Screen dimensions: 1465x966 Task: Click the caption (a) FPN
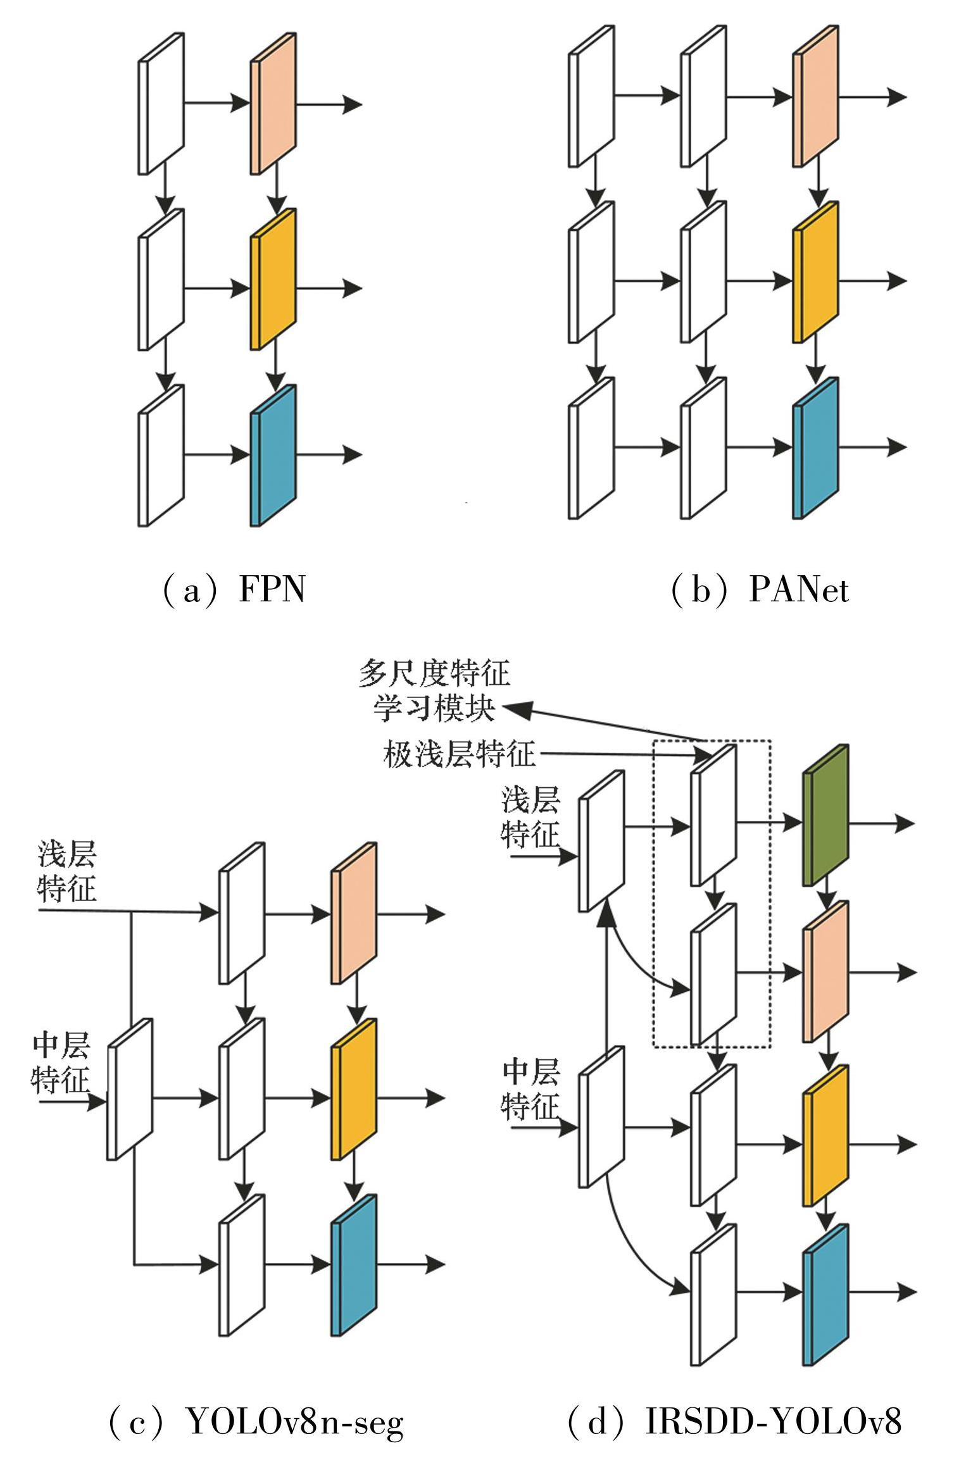pyautogui.click(x=234, y=590)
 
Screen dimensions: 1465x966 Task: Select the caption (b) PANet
pyautogui.click(x=760, y=590)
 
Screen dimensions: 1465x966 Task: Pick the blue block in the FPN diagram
pyautogui.click(x=273, y=456)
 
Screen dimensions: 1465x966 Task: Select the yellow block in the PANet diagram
pyautogui.click(x=816, y=272)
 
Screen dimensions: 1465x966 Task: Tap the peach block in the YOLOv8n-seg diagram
pyautogui.click(x=354, y=913)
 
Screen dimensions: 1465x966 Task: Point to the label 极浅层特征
pyautogui.click(x=460, y=754)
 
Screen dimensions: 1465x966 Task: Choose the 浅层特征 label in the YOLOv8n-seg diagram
pyautogui.click(x=67, y=871)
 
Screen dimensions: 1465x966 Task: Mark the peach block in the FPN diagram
pyautogui.click(x=273, y=103)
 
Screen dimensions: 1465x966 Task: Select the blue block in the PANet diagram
pyautogui.click(x=816, y=448)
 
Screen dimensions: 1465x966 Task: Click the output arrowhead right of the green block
pyautogui.click(x=906, y=823)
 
